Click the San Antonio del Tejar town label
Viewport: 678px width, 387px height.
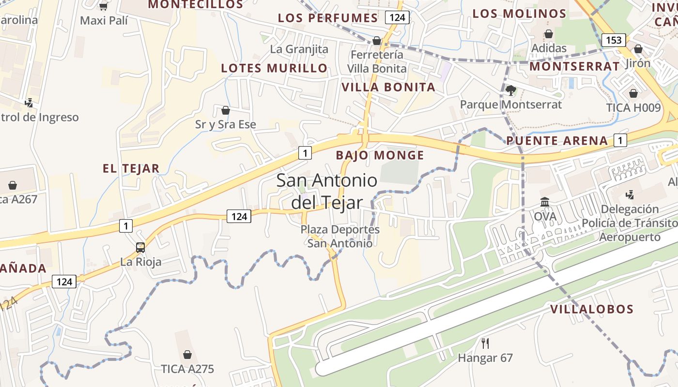point(327,191)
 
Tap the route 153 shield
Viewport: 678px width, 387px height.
point(614,40)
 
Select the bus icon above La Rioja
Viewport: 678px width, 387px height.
point(140,248)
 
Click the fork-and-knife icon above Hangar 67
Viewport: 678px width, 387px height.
point(485,343)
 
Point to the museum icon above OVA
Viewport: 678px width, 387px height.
point(545,202)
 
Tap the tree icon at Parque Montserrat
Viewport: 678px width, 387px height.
point(510,90)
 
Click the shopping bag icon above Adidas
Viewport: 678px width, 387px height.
point(549,34)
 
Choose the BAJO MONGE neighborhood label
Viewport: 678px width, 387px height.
point(380,155)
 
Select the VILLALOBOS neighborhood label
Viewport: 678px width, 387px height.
point(592,309)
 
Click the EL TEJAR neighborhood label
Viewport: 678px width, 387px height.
point(131,168)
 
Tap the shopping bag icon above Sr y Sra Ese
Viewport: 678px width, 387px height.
point(225,110)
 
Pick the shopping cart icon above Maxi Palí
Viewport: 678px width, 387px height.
point(103,6)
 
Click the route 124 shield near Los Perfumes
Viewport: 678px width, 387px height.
point(398,18)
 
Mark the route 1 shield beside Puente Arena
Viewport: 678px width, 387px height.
point(620,141)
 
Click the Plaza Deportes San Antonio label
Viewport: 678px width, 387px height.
point(340,236)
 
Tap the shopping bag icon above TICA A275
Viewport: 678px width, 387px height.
point(187,355)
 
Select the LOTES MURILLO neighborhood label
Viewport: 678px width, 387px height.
point(274,68)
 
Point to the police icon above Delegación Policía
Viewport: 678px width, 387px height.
point(630,195)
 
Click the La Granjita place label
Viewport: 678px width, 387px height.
point(299,49)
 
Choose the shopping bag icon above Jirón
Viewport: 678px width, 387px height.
point(638,49)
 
